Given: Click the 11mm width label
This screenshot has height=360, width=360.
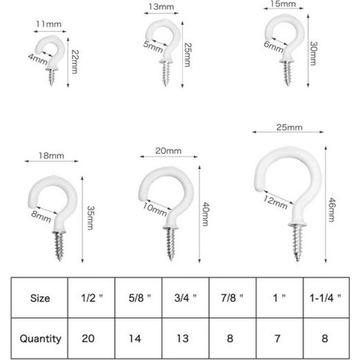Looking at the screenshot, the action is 49,24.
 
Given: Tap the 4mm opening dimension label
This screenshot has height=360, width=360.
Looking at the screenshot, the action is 38,59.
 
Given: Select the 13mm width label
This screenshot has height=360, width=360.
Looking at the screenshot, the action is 161,7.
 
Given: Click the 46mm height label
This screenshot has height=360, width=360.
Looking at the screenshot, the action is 332,209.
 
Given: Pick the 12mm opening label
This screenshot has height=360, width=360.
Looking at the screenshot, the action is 275,202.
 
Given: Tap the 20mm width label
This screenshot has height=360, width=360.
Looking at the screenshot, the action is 168,151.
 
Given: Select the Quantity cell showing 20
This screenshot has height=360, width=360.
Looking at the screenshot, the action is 91,338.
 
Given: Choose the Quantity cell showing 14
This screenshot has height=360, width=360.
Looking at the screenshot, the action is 139,338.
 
